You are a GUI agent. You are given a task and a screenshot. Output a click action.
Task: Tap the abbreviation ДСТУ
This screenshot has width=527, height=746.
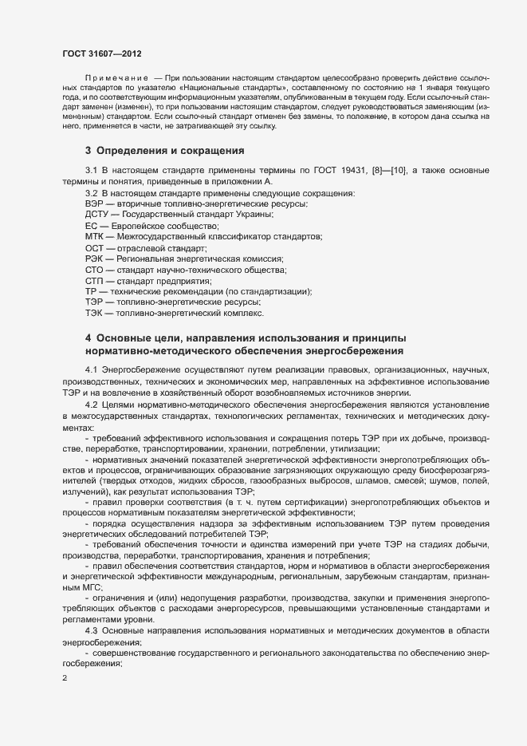(x=95, y=215)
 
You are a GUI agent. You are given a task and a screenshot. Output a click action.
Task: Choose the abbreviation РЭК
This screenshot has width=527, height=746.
(x=93, y=259)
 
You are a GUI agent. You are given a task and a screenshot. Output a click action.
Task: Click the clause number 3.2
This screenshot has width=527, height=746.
(x=91, y=194)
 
